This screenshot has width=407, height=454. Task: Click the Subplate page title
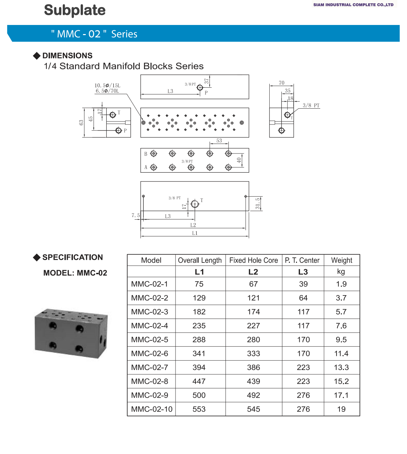point(75,10)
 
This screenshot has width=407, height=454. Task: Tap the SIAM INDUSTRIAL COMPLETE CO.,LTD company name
point(353,5)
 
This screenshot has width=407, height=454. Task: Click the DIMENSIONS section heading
point(67,56)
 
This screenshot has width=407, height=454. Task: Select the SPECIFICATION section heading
point(72,257)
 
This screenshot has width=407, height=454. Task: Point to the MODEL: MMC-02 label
point(75,273)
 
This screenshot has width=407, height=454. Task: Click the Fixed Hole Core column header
point(253,260)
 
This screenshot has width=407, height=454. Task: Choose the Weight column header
point(342,260)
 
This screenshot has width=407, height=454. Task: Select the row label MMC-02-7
point(150,367)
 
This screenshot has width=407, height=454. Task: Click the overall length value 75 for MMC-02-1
point(199,284)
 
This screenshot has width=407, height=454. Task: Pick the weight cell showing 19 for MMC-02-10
point(341,409)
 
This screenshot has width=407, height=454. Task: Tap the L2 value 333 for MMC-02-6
point(253,353)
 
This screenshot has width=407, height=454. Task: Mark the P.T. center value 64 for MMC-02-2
point(303,298)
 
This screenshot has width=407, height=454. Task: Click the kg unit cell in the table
point(341,272)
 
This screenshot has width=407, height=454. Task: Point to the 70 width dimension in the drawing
point(281,83)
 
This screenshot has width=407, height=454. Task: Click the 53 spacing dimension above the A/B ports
point(219,141)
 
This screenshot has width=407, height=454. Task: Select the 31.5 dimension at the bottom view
point(258,203)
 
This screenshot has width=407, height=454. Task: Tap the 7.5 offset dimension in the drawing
point(136,215)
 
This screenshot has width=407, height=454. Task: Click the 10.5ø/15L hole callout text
point(107,85)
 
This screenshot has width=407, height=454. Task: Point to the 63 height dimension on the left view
point(81,123)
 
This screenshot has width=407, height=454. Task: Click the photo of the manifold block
point(71,333)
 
